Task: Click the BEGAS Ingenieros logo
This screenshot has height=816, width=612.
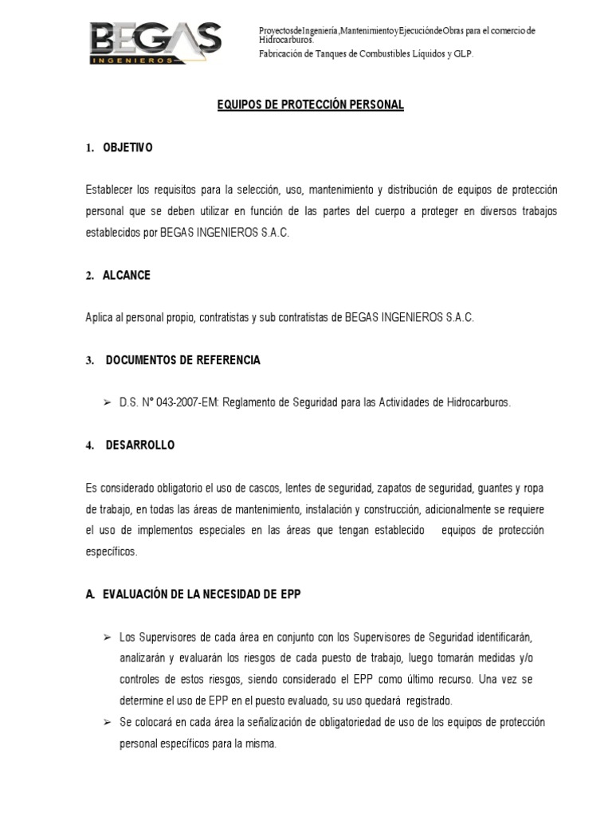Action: (x=155, y=42)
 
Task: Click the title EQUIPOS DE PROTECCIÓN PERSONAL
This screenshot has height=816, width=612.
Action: (x=311, y=105)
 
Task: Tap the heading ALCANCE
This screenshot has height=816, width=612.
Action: (x=126, y=275)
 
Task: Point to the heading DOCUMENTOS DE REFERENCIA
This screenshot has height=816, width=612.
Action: (x=182, y=360)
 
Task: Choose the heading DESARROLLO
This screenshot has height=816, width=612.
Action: (x=139, y=445)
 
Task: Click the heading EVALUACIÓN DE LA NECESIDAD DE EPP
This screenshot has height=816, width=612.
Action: (x=202, y=594)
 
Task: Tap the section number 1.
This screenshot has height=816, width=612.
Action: (x=89, y=148)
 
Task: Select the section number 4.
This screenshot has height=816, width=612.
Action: (x=89, y=445)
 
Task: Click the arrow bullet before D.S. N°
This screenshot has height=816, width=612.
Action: (x=107, y=402)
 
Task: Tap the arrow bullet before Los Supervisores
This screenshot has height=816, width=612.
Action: (x=107, y=637)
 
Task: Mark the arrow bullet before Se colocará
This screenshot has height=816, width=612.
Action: (x=107, y=722)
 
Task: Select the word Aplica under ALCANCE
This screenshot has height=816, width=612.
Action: (x=99, y=317)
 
